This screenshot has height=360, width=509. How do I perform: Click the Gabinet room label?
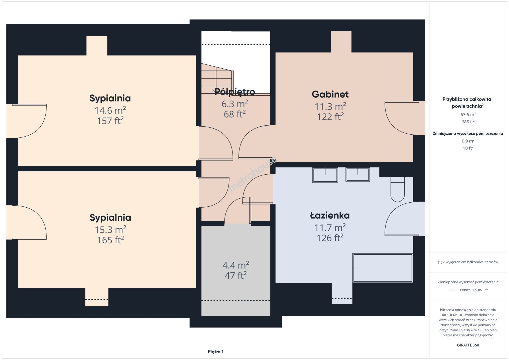click(330, 94)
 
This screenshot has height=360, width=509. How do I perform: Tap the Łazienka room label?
click(330, 215)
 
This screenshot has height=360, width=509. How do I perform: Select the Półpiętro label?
click(235, 92)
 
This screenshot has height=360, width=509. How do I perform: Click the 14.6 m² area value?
click(110, 110)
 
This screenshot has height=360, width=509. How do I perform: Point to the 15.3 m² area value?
click(110, 230)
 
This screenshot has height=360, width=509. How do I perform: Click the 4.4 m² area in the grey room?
click(235, 265)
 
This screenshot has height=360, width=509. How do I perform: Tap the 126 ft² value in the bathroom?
click(330, 238)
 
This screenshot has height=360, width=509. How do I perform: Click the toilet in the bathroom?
click(398, 189)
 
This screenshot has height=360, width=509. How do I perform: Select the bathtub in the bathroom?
click(383, 268)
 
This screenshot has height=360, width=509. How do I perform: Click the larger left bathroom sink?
click(325, 175)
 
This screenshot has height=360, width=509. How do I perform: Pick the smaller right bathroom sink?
click(358, 174)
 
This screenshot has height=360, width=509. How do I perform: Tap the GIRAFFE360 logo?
click(468, 345)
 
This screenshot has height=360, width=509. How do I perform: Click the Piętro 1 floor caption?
click(216, 352)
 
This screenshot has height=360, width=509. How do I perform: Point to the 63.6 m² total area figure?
click(468, 114)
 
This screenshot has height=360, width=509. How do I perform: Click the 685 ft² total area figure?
click(468, 122)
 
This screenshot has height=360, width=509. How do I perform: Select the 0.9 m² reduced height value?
click(468, 141)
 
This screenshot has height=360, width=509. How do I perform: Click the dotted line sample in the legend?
click(453, 290)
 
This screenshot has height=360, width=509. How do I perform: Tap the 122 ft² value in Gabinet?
click(330, 117)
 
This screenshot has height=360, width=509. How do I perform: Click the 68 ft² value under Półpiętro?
click(235, 114)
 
